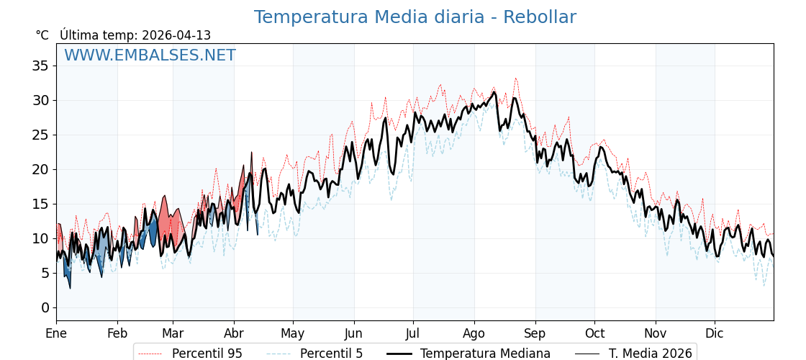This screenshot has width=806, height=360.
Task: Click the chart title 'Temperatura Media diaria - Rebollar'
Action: [415, 17]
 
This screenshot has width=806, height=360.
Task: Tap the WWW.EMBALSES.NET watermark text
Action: [150, 55]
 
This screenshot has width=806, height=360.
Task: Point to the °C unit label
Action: [42, 35]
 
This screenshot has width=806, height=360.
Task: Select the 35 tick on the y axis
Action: [40, 66]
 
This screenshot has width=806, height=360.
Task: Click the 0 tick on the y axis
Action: [45, 307]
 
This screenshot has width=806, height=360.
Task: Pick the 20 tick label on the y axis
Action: [40, 169]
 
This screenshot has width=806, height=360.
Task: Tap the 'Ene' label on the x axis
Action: [56, 333]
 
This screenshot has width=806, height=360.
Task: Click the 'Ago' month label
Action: [474, 333]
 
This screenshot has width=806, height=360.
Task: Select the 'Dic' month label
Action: [715, 333]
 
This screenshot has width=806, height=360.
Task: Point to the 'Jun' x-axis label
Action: [353, 333]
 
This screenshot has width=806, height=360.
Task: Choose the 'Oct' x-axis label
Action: [594, 333]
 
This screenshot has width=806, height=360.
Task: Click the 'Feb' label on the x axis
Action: [117, 333]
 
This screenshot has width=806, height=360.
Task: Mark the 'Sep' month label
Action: [535, 333]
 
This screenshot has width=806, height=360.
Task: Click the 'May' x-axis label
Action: [293, 333]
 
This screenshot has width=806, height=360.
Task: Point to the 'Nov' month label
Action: [656, 333]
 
